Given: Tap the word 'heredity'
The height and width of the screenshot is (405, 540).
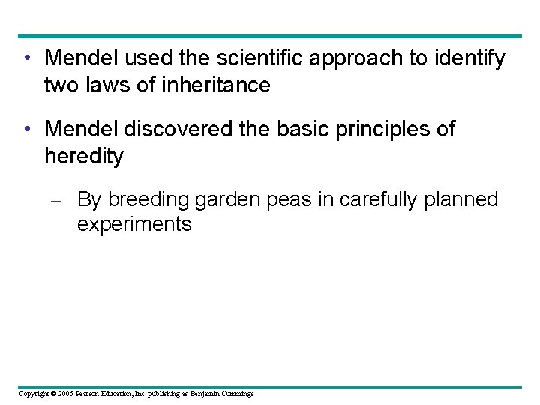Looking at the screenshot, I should [83, 157].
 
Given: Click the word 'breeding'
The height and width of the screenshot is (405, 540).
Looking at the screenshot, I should [148, 200].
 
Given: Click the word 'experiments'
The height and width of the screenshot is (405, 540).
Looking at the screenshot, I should [134, 225].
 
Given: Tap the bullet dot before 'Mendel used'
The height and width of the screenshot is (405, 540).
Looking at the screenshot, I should [27, 58].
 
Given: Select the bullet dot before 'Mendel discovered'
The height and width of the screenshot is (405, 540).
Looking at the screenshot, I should [27, 130].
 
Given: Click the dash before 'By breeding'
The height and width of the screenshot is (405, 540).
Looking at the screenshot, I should [61, 200].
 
